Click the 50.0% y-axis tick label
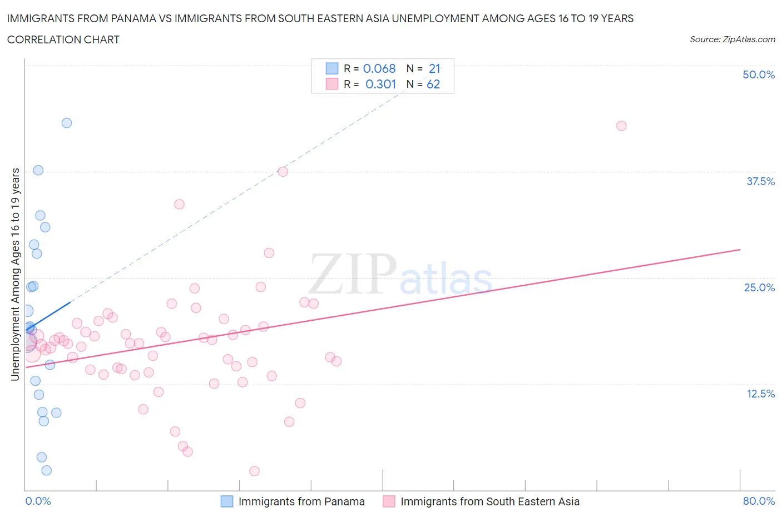click(759, 74)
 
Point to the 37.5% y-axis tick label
click(760, 181)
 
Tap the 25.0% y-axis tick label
click(759, 287)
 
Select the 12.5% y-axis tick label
click(760, 394)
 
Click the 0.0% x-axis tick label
click(38, 501)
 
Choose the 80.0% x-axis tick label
click(759, 501)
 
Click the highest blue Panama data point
click(67, 123)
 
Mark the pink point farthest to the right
click(621, 126)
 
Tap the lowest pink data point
click(254, 471)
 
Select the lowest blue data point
click(47, 470)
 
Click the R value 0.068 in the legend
click(379, 68)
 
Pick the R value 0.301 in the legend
click(380, 84)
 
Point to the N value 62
click(433, 84)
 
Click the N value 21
click(434, 68)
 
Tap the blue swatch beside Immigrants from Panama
click(227, 501)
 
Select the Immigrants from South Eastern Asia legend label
click(489, 501)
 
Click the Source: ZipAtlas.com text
click(732, 39)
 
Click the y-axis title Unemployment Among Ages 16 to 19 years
click(15, 274)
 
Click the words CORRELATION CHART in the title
click(63, 39)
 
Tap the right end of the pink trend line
click(740, 250)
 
